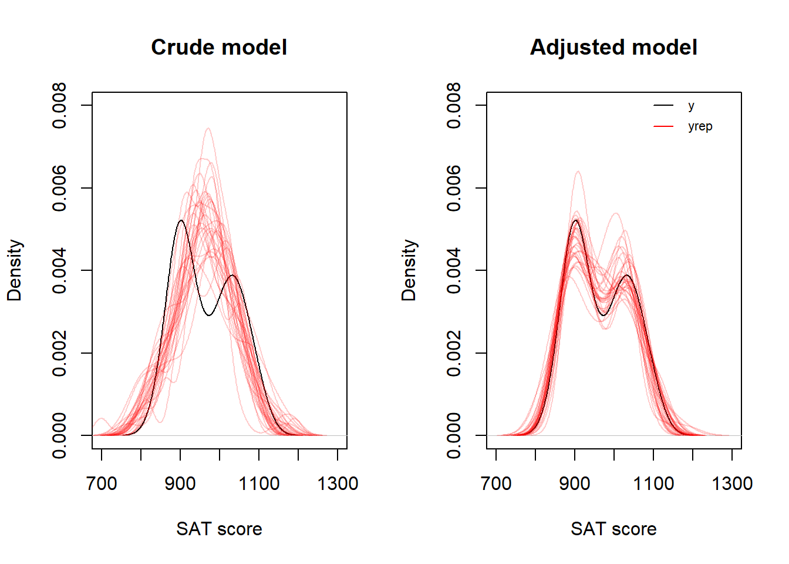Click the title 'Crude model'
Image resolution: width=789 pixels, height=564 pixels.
(x=219, y=48)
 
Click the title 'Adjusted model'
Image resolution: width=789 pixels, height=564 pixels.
(x=613, y=48)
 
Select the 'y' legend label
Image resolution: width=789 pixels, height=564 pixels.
(x=691, y=106)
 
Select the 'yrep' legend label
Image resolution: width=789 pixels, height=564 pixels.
(x=700, y=126)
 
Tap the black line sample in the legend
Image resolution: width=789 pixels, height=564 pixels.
(x=663, y=106)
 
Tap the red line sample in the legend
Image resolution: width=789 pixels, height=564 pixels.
(x=663, y=126)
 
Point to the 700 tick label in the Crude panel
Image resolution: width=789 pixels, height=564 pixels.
(x=102, y=484)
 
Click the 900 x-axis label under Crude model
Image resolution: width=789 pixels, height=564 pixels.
(x=180, y=484)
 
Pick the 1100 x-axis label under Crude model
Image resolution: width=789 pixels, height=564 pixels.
(x=259, y=484)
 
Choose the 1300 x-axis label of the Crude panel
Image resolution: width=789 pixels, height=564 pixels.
(x=338, y=484)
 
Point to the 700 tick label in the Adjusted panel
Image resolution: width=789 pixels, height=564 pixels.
(x=496, y=484)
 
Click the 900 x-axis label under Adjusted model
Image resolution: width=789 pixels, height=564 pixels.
(x=575, y=484)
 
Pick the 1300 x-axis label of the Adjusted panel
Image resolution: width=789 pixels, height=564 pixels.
(x=732, y=484)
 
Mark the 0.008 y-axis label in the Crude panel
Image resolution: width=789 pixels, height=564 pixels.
(x=59, y=106)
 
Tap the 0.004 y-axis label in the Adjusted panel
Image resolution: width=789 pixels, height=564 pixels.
(x=454, y=270)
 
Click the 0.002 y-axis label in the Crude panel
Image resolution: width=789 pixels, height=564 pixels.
(x=59, y=353)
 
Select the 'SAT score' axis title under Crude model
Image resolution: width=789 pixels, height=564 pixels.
(x=219, y=529)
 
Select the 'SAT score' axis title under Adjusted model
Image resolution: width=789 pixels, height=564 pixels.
(x=613, y=529)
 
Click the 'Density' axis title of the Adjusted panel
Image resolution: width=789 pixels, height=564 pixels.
(x=409, y=270)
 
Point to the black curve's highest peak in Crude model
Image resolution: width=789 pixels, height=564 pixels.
(x=180, y=221)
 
